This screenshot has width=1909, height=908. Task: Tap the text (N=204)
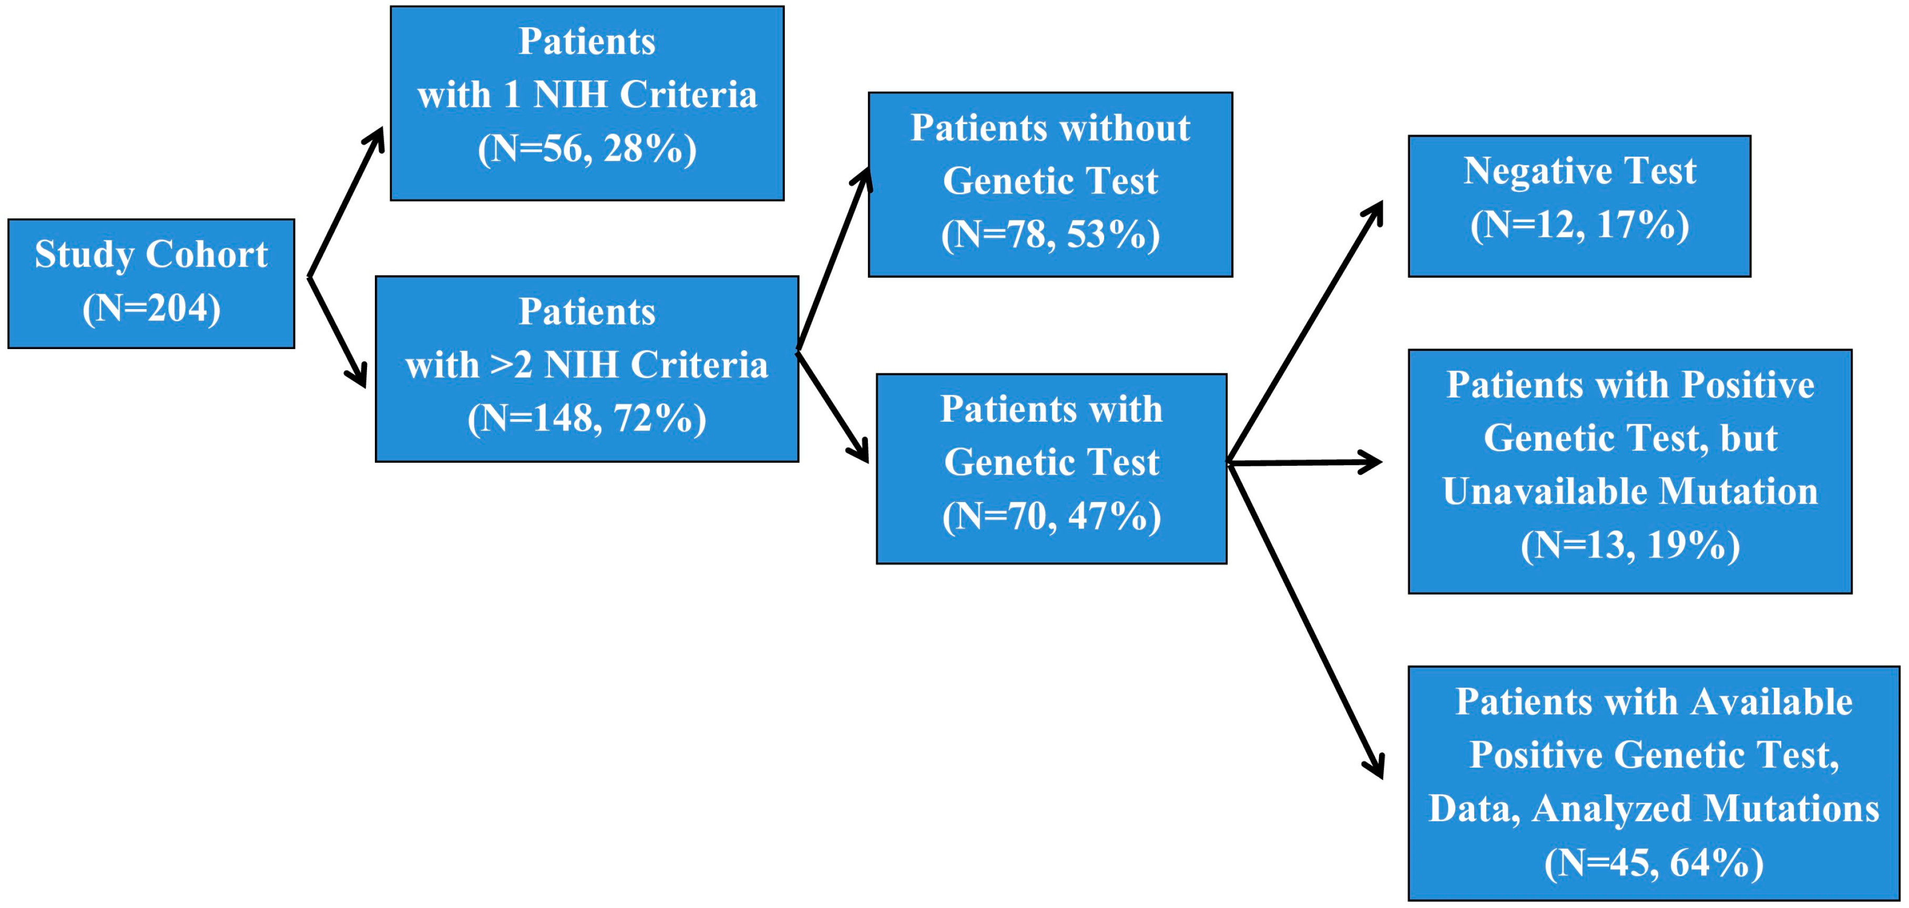pyautogui.click(x=151, y=308)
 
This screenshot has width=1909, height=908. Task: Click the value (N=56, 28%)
pyautogui.click(x=587, y=149)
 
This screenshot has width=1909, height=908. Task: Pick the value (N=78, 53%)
pyautogui.click(x=1050, y=235)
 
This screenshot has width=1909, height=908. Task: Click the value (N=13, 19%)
pyautogui.click(x=1630, y=546)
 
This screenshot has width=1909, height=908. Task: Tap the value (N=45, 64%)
pyautogui.click(x=1653, y=863)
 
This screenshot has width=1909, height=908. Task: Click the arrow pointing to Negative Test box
pyautogui.click(x=1304, y=333)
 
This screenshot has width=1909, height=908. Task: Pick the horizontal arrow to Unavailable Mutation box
pyautogui.click(x=1304, y=463)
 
